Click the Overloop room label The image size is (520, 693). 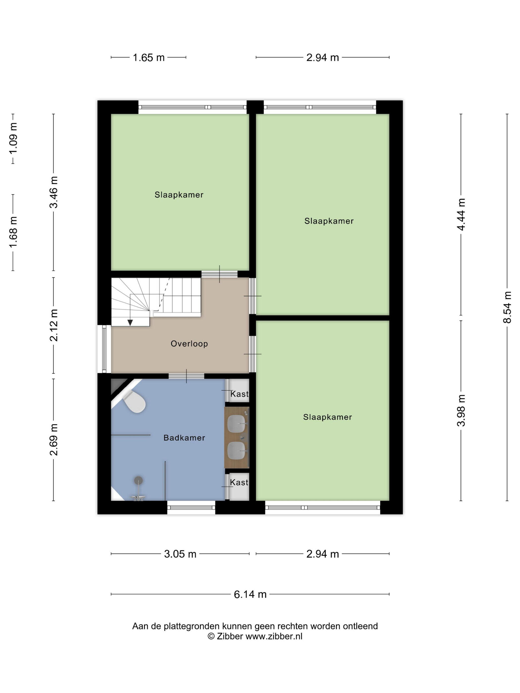(x=189, y=344)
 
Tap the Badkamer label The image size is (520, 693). (x=184, y=438)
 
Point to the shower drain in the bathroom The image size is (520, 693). (x=138, y=480)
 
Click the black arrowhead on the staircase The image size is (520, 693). (x=130, y=322)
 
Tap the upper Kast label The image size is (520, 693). (x=239, y=394)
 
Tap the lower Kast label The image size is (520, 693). (x=239, y=482)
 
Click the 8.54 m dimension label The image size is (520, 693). (x=507, y=307)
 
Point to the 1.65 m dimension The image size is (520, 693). (x=149, y=58)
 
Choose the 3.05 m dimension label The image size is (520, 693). (x=180, y=554)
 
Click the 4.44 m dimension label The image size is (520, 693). (x=461, y=214)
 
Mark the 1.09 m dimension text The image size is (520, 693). (x=13, y=138)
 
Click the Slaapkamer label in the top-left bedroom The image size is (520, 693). (x=179, y=195)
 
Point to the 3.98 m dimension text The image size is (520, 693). (x=461, y=410)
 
